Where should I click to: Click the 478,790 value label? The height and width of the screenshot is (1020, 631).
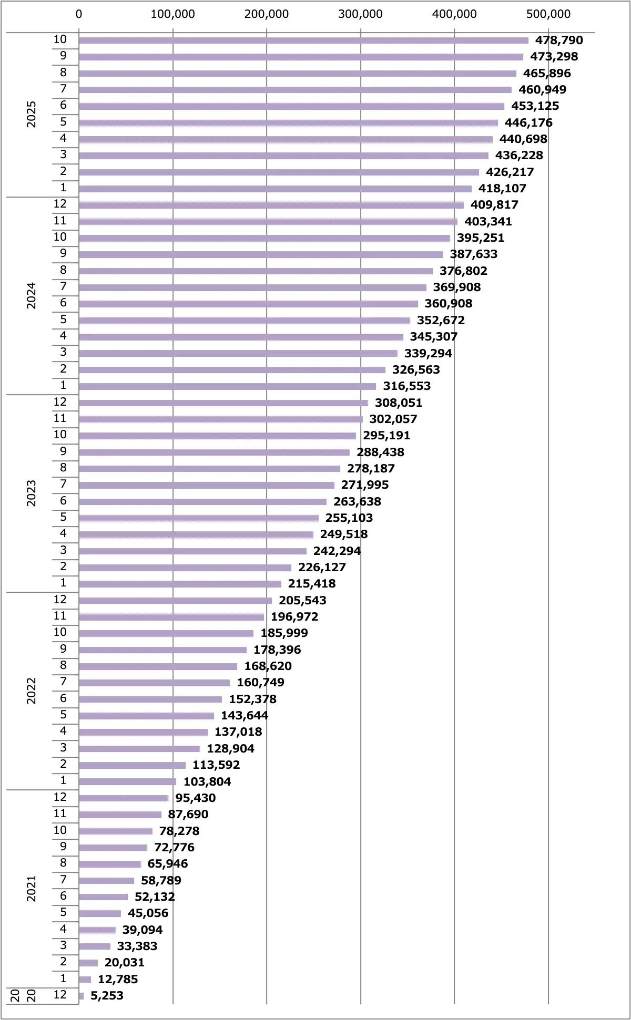(559, 40)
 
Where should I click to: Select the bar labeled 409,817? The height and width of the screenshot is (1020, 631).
(271, 205)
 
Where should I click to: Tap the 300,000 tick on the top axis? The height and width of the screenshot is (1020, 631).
(360, 14)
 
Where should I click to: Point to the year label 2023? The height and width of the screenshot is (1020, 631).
(32, 493)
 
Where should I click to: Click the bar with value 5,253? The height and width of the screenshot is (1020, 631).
(82, 996)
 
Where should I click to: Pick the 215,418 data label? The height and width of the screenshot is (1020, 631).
(312, 584)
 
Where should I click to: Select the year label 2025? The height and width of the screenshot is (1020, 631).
(32, 114)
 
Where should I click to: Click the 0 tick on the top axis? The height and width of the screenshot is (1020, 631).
(79, 14)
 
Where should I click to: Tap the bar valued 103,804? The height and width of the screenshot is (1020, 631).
(127, 782)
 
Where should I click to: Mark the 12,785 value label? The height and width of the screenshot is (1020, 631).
(118, 980)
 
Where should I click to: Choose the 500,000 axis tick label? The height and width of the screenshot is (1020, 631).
(548, 14)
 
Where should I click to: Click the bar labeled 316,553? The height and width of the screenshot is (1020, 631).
(227, 386)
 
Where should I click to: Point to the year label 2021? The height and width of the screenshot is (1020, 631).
(32, 889)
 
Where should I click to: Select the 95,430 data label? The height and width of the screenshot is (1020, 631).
(196, 798)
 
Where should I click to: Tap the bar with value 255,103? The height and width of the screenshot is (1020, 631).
(199, 518)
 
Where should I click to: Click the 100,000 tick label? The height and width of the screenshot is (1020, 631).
(172, 14)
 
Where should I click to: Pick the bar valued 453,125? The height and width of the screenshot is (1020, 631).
(291, 106)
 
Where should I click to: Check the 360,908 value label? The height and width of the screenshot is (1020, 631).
(449, 304)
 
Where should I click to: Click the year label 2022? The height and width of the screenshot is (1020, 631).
(32, 691)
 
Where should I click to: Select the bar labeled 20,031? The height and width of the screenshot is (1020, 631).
(88, 963)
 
